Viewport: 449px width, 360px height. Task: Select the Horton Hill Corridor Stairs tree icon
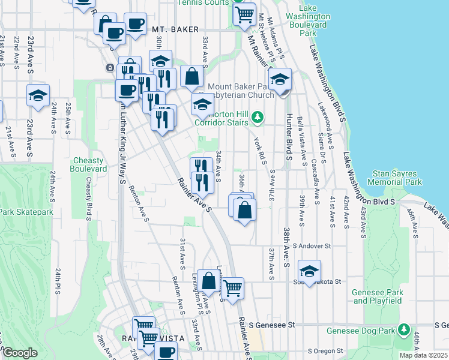coord(258,116)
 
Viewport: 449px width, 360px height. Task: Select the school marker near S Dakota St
coord(309,271)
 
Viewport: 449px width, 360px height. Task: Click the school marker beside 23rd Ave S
coord(38,95)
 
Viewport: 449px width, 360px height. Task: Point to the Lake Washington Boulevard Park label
coord(308,25)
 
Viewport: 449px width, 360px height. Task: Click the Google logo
coord(20,353)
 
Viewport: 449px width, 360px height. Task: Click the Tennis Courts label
coord(204,2)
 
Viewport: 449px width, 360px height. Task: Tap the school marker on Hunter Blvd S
coord(280,79)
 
